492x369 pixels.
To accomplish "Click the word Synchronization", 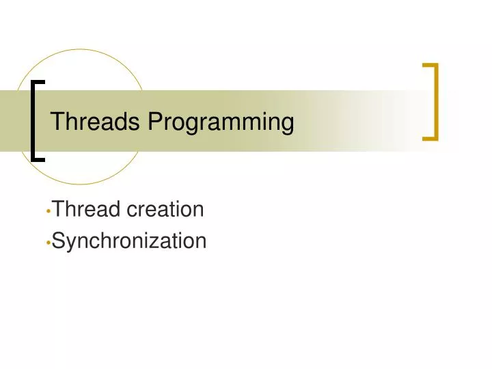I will pos(129,241).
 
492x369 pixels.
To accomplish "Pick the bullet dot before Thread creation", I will pos(48,211).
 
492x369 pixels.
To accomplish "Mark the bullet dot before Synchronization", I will pos(48,243).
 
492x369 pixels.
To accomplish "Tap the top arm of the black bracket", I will pos(40,81).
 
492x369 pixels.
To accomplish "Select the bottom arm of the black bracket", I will pos(40,159).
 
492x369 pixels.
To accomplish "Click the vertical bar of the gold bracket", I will pos(435,101).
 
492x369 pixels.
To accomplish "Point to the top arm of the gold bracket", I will pos(430,65).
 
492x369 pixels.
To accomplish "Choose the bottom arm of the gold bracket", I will pos(430,138).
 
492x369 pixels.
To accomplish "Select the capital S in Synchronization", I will pos(58,241).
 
